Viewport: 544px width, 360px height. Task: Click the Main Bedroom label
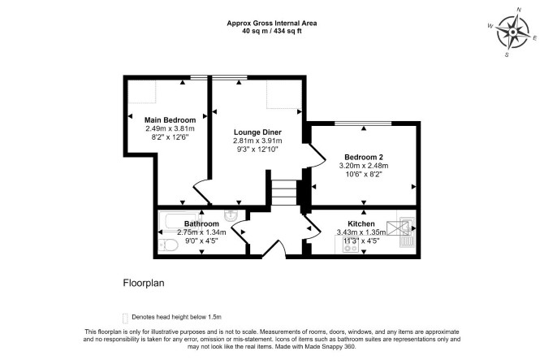tap(170, 120)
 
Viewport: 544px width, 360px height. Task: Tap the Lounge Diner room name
tap(257, 132)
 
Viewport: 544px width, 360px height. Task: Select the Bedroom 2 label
tap(364, 157)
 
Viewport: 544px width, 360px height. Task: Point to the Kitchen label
tap(361, 224)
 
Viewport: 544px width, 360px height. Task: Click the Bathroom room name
tap(201, 224)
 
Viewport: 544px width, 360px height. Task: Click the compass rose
tap(513, 33)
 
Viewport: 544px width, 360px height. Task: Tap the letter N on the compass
tap(519, 10)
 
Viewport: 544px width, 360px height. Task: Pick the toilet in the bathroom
tap(168, 245)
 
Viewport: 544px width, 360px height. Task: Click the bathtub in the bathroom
tap(179, 220)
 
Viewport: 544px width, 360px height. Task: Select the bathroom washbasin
tap(231, 215)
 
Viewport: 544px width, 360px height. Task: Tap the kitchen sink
tap(406, 232)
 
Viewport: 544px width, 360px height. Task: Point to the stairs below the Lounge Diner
tap(284, 193)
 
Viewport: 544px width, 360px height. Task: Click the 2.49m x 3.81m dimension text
tap(170, 128)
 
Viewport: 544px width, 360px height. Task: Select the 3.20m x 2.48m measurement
tap(364, 166)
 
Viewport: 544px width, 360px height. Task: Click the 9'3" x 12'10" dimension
tap(257, 150)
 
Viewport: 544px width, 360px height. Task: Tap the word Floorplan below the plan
tap(144, 284)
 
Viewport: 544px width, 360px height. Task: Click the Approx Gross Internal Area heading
tap(272, 24)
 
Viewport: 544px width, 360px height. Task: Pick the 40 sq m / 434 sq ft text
tap(272, 31)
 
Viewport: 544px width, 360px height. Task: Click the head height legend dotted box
tap(125, 318)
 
